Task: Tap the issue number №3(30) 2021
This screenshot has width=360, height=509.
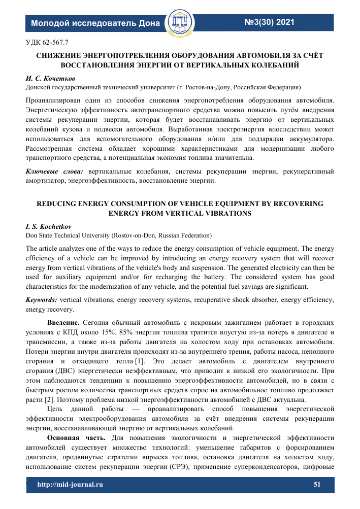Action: pos(270,22)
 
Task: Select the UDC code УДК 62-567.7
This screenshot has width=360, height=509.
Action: pos(47,42)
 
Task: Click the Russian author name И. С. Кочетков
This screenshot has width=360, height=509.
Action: pos(51,79)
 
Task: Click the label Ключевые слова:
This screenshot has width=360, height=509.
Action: pos(55,172)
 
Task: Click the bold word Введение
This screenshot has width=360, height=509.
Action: pos(63,322)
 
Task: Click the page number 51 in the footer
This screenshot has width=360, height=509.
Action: pos(318,485)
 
